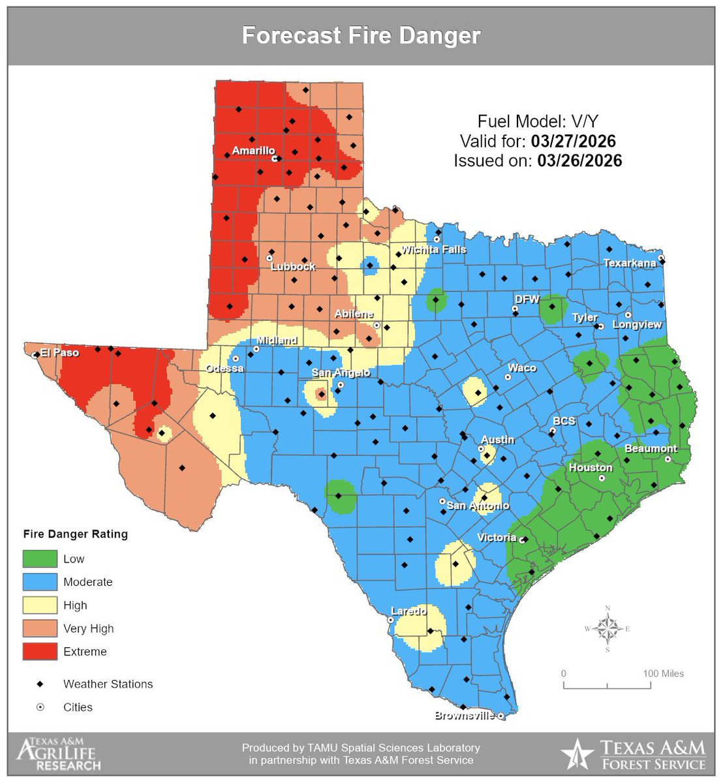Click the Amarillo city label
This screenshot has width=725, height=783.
point(253,151)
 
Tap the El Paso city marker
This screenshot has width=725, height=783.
point(35,355)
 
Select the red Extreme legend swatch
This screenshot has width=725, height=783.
point(40,651)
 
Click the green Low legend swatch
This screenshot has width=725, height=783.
point(40,559)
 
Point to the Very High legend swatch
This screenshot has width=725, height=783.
point(40,628)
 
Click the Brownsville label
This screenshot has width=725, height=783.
point(465,716)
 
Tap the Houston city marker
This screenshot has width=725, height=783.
point(602,478)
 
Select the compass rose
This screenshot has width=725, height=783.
point(608,629)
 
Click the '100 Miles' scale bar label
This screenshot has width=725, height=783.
point(663,673)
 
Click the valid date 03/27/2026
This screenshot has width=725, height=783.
point(573,141)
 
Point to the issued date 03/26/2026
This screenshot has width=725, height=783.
point(579,161)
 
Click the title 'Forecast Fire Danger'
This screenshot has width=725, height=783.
point(362,35)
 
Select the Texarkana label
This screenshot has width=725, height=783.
point(629,263)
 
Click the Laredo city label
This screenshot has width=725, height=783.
point(408,611)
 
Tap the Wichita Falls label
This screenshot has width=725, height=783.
point(433,249)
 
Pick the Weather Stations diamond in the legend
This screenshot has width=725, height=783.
point(40,684)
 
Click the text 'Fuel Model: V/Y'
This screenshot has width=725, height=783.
point(538,121)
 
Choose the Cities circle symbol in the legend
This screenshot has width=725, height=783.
point(40,707)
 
